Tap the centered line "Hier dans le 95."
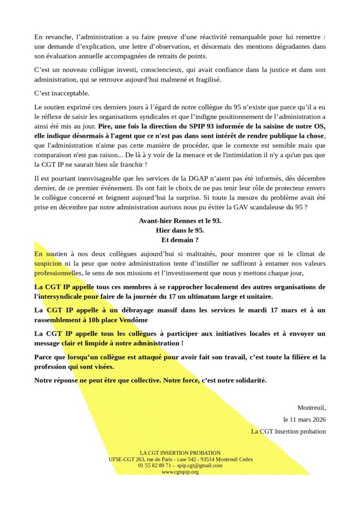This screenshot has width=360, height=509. (x=180, y=230)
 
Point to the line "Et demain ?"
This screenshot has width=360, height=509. (x=180, y=240)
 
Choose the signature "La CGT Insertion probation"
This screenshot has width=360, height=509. (x=288, y=431)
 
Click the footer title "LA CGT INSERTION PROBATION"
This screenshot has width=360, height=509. (x=180, y=453)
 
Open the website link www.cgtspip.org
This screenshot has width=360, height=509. (x=180, y=472)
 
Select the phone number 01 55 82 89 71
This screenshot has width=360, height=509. (x=153, y=465)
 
